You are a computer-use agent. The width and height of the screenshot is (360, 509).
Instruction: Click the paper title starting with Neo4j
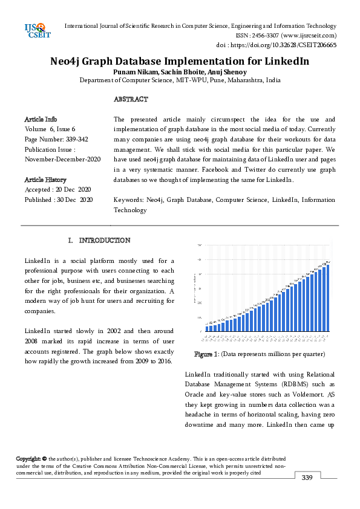coord(180,62)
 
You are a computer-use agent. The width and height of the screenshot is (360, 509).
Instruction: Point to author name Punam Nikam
coord(134,72)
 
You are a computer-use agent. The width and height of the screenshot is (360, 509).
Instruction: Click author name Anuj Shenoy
coord(226,72)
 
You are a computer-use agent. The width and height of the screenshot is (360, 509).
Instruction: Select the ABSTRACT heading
coord(131,99)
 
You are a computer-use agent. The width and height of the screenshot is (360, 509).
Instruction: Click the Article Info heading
coord(41,120)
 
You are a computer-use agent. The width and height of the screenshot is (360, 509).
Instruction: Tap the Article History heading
coord(45,180)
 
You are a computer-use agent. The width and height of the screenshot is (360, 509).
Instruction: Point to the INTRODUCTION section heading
coord(105,241)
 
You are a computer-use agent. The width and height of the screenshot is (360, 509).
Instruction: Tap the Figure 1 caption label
coord(207,354)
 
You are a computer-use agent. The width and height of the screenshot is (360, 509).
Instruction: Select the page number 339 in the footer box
coord(307,478)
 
